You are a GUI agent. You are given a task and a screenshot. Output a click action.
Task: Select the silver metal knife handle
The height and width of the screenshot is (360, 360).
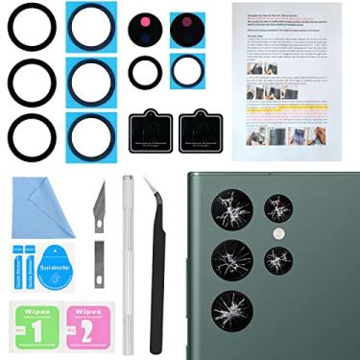click(x=127, y=259)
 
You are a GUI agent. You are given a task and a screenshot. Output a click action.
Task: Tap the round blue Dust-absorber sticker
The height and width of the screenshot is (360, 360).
click(x=53, y=263)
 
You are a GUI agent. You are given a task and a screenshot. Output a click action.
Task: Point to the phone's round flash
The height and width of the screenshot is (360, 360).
click(x=279, y=233)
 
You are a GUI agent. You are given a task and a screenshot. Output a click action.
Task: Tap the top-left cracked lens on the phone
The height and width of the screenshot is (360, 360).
click(x=233, y=209)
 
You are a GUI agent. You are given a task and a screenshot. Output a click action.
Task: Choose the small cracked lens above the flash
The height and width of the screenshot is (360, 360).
click(x=278, y=207)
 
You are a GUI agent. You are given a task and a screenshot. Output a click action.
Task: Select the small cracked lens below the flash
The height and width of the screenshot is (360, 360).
click(x=278, y=259)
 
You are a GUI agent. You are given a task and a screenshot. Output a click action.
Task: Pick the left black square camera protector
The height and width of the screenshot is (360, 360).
click(x=148, y=130)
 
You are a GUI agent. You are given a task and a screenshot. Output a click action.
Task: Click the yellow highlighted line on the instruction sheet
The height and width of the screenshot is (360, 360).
click(x=293, y=111)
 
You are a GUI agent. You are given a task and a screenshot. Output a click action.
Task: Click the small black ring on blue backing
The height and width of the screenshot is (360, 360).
click(x=189, y=70)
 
